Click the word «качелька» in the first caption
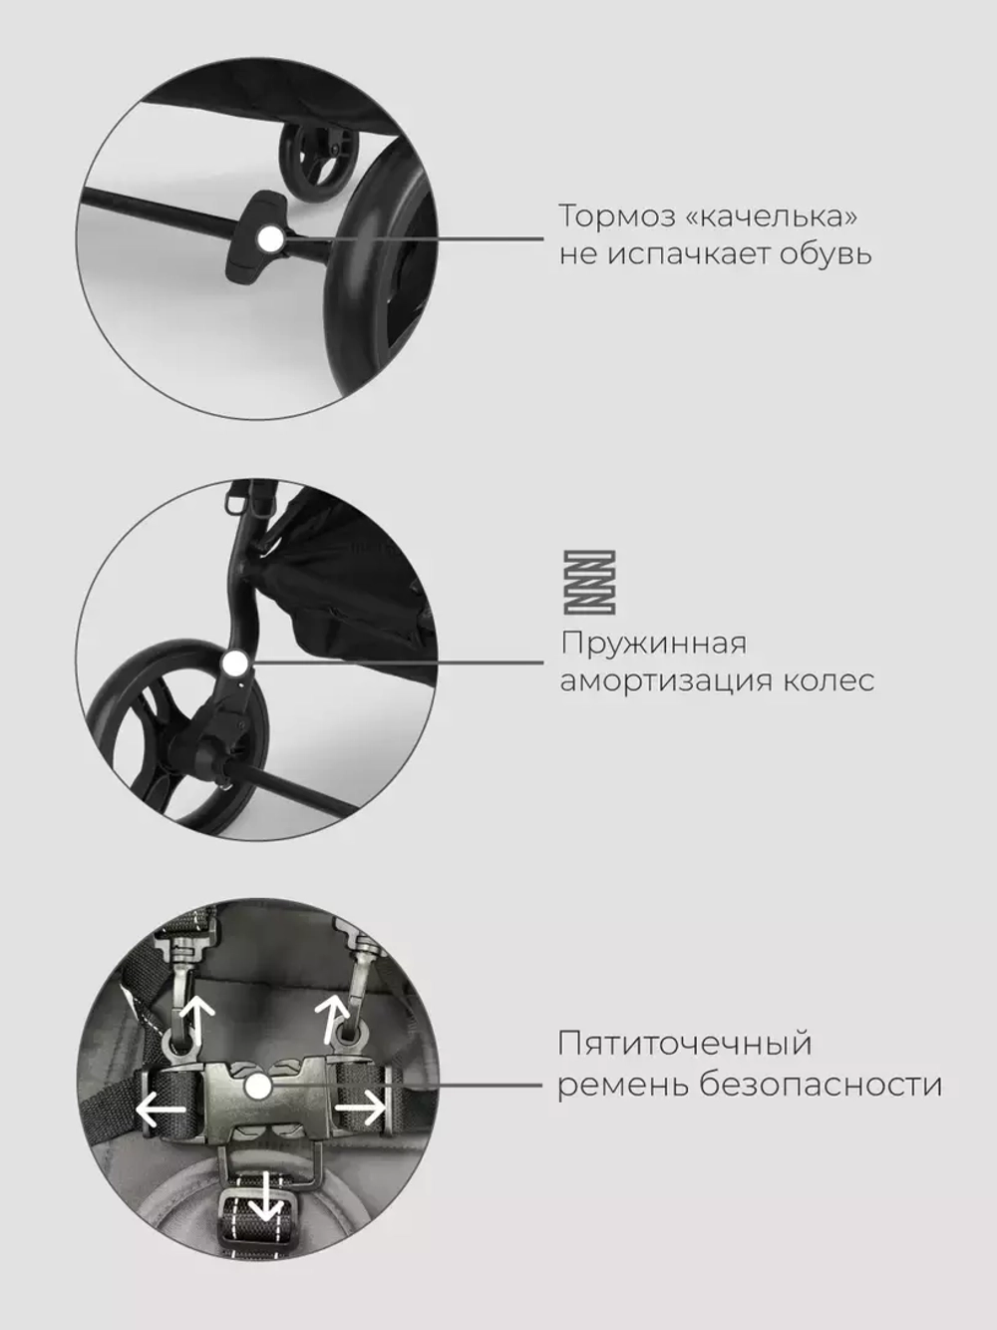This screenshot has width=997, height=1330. (773, 216)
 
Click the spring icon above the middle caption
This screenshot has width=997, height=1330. (589, 582)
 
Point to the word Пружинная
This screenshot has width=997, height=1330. (653, 644)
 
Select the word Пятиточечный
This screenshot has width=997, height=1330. (685, 1045)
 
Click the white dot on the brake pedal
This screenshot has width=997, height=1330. (267, 237)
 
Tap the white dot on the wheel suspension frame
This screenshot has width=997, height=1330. (235, 662)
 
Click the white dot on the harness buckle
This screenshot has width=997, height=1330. (258, 1087)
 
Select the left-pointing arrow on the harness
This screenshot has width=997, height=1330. (160, 1108)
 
